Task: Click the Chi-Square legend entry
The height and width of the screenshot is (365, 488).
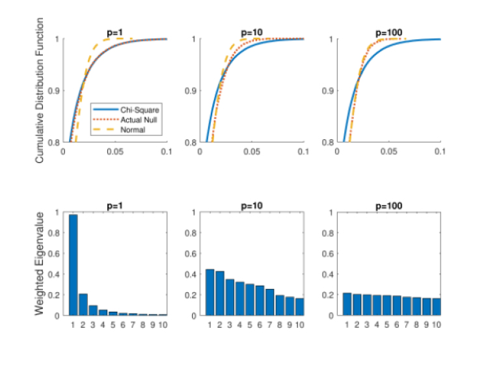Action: coord(128,110)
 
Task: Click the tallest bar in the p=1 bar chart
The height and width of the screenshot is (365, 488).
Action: coord(74,265)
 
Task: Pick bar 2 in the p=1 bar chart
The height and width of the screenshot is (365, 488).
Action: coord(84,304)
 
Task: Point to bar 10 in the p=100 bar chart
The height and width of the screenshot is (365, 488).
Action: coord(436,306)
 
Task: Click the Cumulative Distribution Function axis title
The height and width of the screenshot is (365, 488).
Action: coord(40,90)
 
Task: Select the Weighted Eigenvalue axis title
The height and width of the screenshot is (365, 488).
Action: coord(40,263)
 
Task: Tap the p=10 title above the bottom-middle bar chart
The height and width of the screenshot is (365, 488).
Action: coord(252,206)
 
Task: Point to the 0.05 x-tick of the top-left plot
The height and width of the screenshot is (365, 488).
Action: coord(115,151)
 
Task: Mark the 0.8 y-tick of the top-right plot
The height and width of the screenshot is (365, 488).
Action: coord(329,142)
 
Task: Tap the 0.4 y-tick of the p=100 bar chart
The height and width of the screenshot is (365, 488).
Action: coord(329,274)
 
